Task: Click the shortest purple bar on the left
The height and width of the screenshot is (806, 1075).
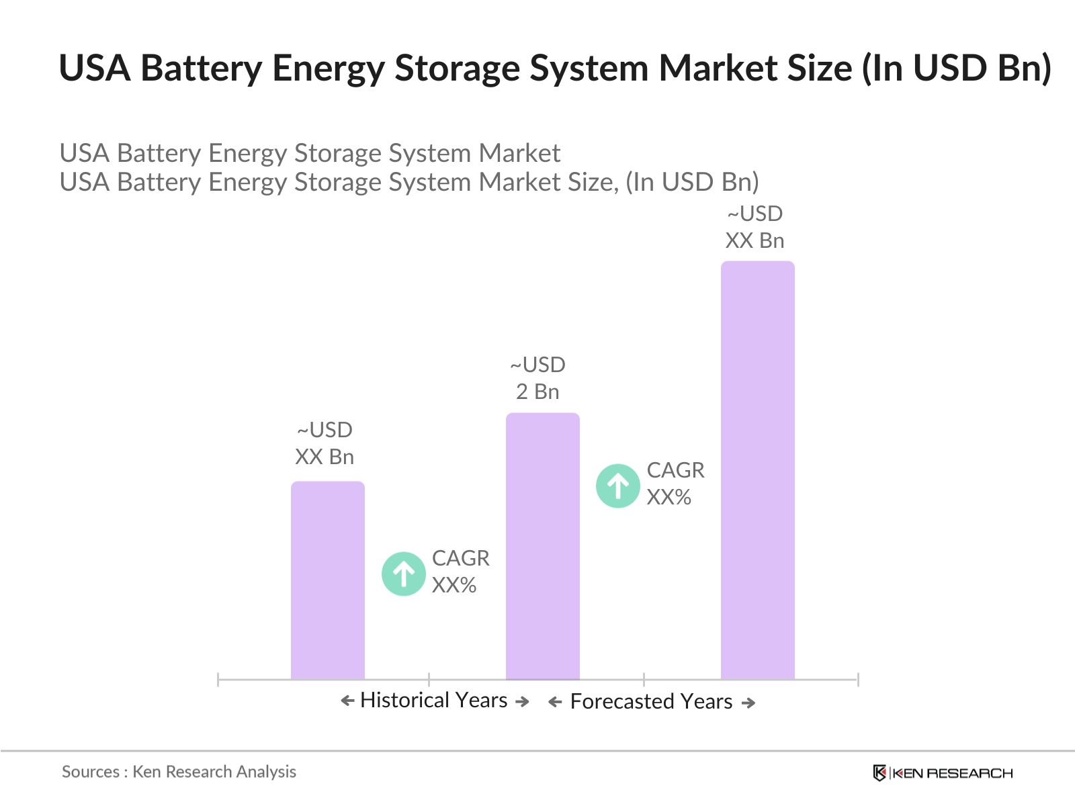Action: pos(327,581)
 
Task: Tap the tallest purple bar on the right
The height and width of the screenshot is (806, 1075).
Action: pos(757,470)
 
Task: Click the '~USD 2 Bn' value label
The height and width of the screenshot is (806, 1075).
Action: pos(537,378)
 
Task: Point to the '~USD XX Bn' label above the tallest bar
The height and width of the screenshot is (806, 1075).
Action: pos(755,227)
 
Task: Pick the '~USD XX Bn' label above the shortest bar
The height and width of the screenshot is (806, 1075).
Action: pos(325,443)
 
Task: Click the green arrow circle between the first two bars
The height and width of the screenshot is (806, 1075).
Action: pos(403,574)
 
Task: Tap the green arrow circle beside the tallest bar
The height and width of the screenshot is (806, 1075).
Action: pos(617,486)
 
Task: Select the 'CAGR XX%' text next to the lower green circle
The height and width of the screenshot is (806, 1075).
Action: pos(460,572)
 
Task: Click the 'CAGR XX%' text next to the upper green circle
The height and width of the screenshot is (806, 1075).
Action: pos(675,484)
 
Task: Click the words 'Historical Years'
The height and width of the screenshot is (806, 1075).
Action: pos(433,701)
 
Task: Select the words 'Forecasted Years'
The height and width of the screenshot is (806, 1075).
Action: pos(651,702)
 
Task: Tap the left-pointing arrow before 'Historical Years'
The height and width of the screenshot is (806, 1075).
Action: pos(347,701)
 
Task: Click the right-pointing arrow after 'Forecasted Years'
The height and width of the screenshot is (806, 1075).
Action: pos(748,703)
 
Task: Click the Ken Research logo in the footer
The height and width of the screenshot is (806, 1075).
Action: pos(943,773)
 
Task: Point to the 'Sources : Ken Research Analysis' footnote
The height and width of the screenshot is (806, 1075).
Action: pos(179,772)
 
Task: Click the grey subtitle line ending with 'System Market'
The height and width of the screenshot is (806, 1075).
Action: pos(310,153)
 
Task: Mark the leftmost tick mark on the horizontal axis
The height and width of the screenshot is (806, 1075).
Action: pos(218,680)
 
